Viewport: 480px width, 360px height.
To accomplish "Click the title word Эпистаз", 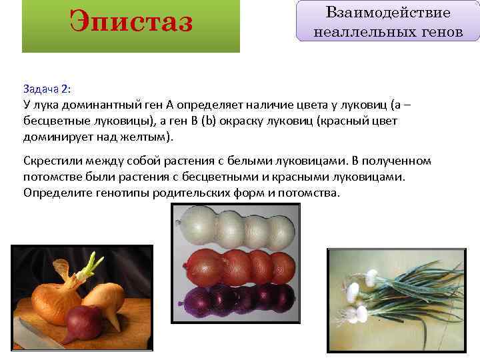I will tap(131, 21).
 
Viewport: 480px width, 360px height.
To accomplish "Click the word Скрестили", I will tap(54, 161).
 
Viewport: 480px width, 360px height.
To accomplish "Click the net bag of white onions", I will tap(236, 225).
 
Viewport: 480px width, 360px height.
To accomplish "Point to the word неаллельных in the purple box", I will tap(352, 31).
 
